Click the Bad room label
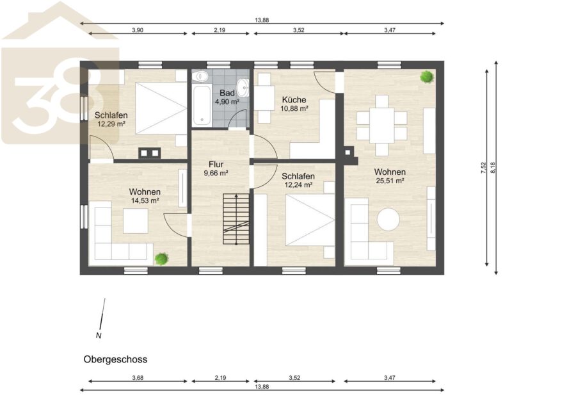tap(227, 93)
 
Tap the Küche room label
tap(294, 100)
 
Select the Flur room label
tap(216, 165)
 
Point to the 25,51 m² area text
tap(390, 181)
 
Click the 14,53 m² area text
tap(145, 200)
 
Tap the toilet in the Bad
tap(201, 76)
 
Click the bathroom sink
tap(243, 88)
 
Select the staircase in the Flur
tap(236, 220)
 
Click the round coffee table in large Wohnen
tap(388, 220)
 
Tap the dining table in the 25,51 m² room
tap(381, 125)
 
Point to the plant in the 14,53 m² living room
tap(162, 259)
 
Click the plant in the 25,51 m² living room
tap(426, 77)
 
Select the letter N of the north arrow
tap(99, 336)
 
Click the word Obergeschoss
tap(115, 359)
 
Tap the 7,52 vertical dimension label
tap(483, 168)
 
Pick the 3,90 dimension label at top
tap(138, 30)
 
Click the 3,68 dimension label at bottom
tap(138, 377)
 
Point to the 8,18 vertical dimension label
tap(493, 168)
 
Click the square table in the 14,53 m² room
tap(136, 221)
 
